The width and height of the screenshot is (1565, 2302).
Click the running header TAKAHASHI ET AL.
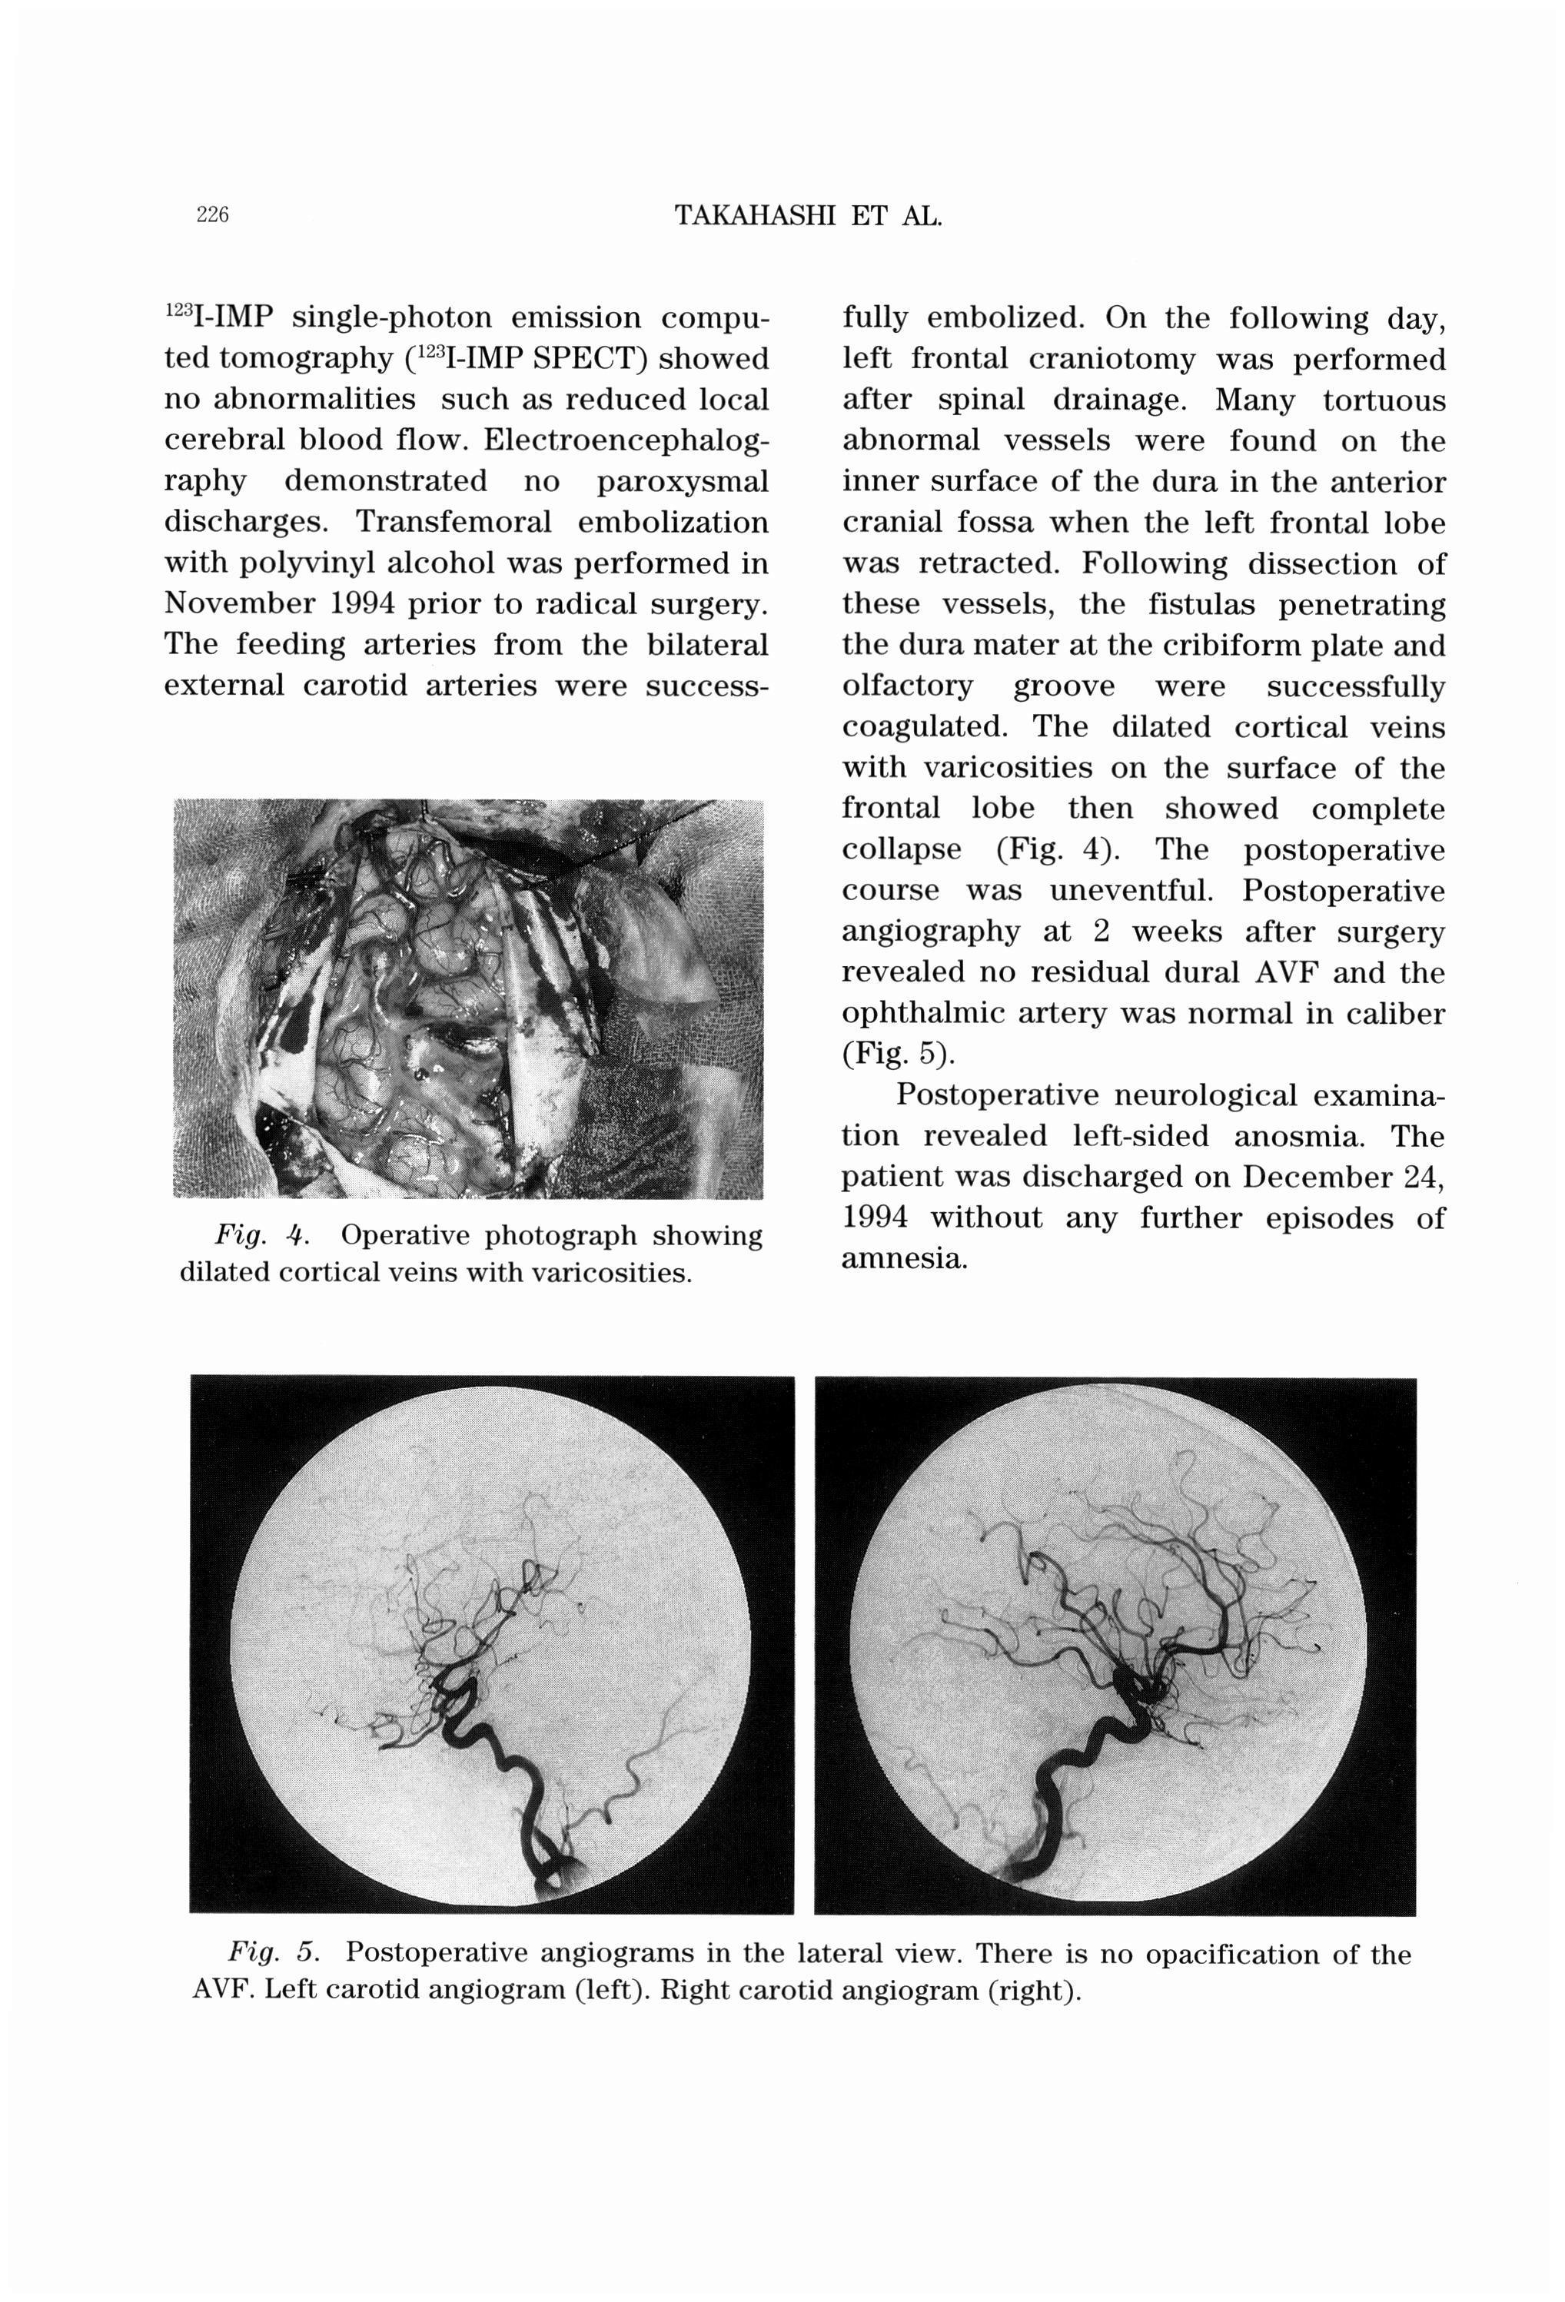click(807, 215)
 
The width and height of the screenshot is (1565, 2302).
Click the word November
click(233, 603)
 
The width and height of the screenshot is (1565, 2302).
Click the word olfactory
click(907, 686)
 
